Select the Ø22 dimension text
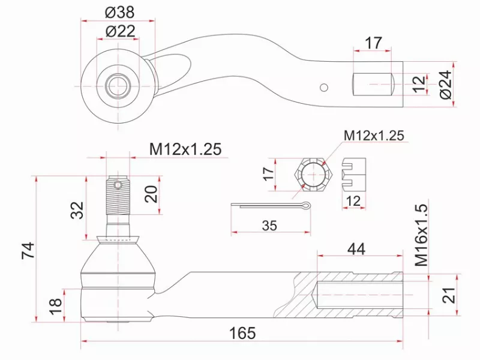(119, 31)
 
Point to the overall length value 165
(242, 333)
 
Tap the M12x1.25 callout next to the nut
(374, 135)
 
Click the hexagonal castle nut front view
(313, 175)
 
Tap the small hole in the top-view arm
(325, 88)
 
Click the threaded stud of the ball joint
(118, 198)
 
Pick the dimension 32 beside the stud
(77, 210)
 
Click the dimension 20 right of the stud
(151, 194)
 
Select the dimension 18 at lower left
(55, 306)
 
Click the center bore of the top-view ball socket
(118, 85)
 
